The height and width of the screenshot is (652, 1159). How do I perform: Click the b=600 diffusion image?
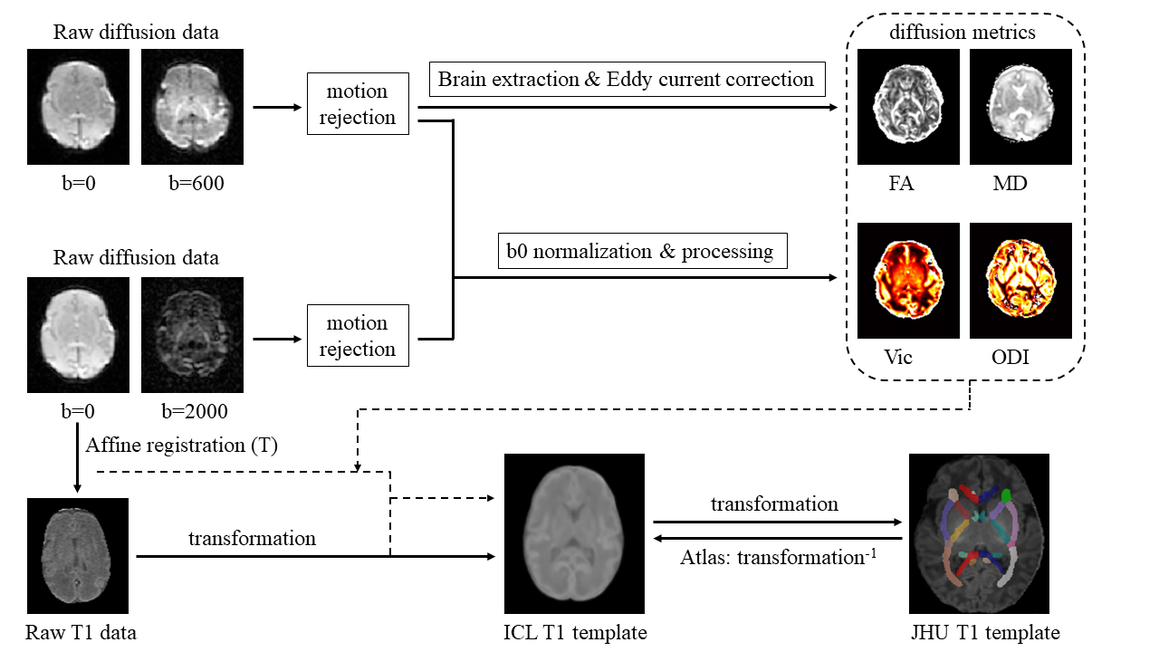(192, 106)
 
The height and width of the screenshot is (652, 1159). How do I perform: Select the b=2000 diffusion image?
(192, 334)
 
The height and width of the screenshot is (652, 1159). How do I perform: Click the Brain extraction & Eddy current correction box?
(626, 79)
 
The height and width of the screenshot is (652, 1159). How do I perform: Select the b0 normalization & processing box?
(643, 251)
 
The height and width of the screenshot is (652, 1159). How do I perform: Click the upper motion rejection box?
(358, 104)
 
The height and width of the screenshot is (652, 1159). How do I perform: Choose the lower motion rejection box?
(358, 336)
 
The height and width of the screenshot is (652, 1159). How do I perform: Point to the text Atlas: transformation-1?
(776, 556)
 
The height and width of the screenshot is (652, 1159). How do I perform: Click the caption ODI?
(1010, 357)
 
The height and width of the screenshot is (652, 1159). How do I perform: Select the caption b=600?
(197, 183)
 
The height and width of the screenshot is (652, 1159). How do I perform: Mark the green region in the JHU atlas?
(1007, 495)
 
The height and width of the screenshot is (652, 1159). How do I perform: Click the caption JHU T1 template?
(984, 632)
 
